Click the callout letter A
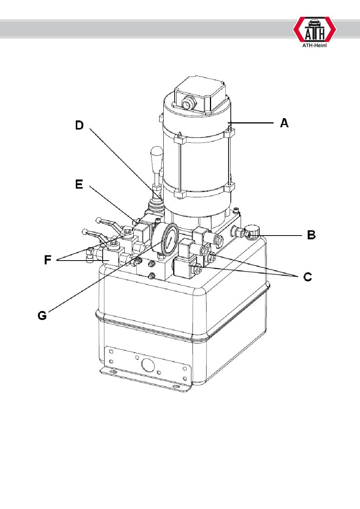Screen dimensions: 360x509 pyautogui.click(x=284, y=123)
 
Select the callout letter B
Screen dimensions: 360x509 pyautogui.click(x=311, y=235)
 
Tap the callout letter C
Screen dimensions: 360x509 pyautogui.click(x=308, y=277)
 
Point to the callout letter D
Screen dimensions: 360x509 pyautogui.click(x=79, y=125)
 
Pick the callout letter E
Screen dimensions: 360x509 pyautogui.click(x=79, y=184)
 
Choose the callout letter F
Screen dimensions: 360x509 pyautogui.click(x=47, y=260)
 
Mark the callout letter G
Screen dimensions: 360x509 pyautogui.click(x=42, y=315)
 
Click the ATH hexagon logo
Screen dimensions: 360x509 pyautogui.click(x=315, y=29)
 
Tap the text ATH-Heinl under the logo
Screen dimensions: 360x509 pyautogui.click(x=315, y=45)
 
